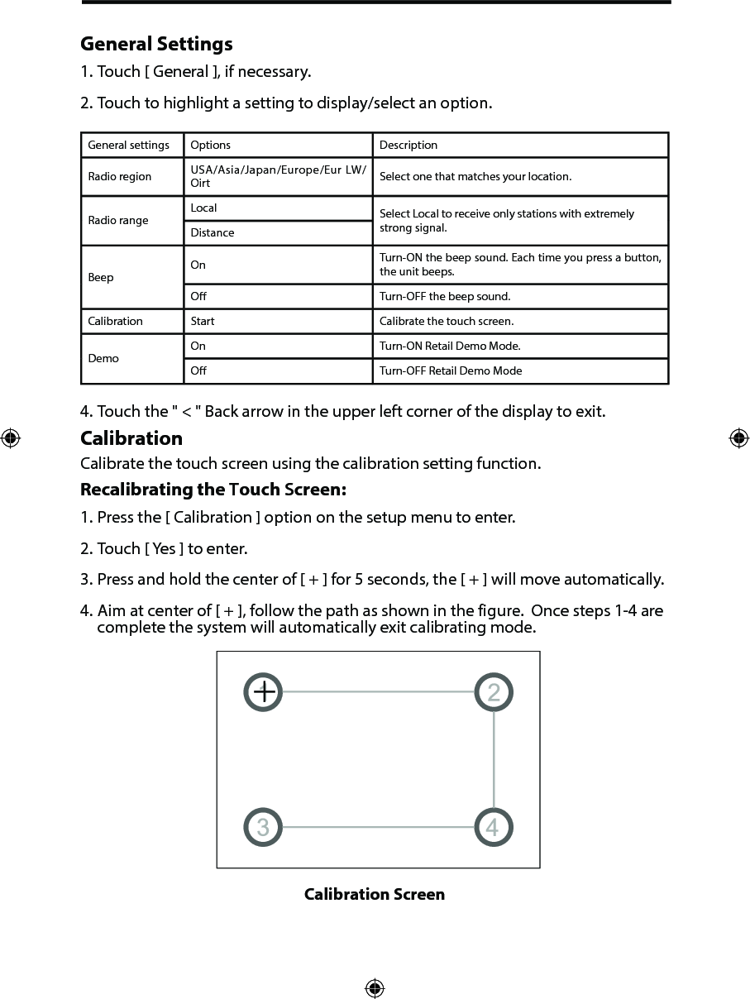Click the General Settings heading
click(x=156, y=44)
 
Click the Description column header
click(x=408, y=145)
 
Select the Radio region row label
click(x=120, y=176)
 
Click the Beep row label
click(x=101, y=277)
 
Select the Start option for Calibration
click(x=203, y=321)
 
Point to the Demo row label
click(x=103, y=358)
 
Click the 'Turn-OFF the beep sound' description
click(x=445, y=296)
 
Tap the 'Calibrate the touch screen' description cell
click(x=447, y=321)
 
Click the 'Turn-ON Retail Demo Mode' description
click(x=450, y=346)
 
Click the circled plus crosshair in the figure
click(x=264, y=692)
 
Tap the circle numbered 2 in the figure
click(x=494, y=692)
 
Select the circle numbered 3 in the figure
click(x=263, y=827)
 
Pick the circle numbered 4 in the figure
click(x=494, y=827)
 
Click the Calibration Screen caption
click(x=375, y=894)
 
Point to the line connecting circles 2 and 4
click(x=494, y=759)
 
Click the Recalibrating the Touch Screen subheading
click(x=213, y=490)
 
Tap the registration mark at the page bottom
click(x=375, y=987)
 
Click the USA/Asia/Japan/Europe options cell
click(x=278, y=176)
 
